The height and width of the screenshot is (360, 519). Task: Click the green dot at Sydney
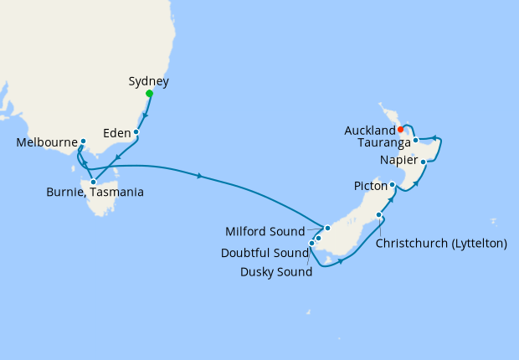point(149,94)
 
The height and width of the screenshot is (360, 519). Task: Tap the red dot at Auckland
point(401,129)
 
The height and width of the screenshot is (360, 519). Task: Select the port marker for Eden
point(136,132)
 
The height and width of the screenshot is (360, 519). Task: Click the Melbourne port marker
point(83,141)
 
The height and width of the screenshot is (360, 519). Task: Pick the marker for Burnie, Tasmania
point(94,182)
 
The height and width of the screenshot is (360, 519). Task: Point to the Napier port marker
point(424,162)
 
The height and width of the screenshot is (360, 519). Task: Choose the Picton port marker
point(392,184)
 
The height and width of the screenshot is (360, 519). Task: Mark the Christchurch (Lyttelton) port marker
point(380,215)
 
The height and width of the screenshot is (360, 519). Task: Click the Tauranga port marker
point(415,141)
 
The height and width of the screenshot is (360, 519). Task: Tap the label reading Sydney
point(149,81)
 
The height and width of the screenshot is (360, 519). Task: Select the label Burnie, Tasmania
point(94,193)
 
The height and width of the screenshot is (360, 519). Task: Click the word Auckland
point(369,131)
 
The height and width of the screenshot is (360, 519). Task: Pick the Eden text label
point(117,131)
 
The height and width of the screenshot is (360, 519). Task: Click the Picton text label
point(369,188)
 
